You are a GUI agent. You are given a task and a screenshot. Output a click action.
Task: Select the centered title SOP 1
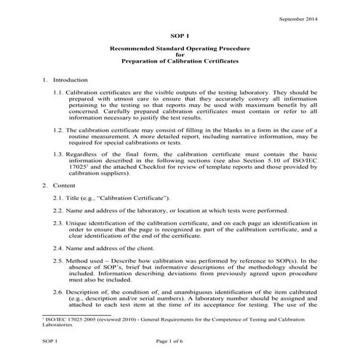point(180,35)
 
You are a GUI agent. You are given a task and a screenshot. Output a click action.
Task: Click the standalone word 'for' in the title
point(180,54)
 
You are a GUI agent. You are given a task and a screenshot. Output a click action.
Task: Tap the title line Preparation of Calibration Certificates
point(180,60)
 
